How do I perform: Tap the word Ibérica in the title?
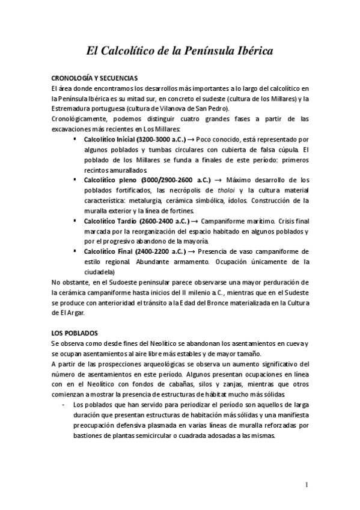[x=251, y=52]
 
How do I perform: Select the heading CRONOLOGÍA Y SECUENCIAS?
[x=95, y=79]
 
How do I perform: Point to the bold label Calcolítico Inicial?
[x=109, y=139]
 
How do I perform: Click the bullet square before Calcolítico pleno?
[x=75, y=180]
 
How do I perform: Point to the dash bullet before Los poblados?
[x=64, y=405]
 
